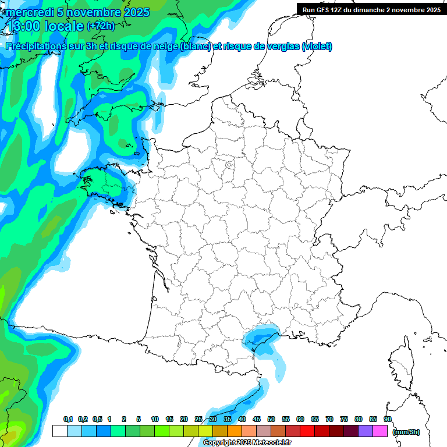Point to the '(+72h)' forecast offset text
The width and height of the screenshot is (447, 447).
(101, 26)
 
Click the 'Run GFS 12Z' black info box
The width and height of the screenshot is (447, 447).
(371, 9)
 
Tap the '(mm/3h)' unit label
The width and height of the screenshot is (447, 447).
(406, 431)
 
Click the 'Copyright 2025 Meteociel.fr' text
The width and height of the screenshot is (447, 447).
(247, 443)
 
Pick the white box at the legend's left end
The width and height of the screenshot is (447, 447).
(59, 431)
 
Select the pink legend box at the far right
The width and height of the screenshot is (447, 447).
(380, 431)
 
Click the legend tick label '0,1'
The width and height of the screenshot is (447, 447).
(68, 419)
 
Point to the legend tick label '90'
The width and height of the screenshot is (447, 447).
(388, 419)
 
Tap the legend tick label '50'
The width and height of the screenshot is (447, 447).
(271, 419)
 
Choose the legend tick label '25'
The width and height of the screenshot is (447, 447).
(198, 419)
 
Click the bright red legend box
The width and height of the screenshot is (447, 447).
(307, 431)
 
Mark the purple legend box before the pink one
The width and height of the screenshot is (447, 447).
(366, 431)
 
